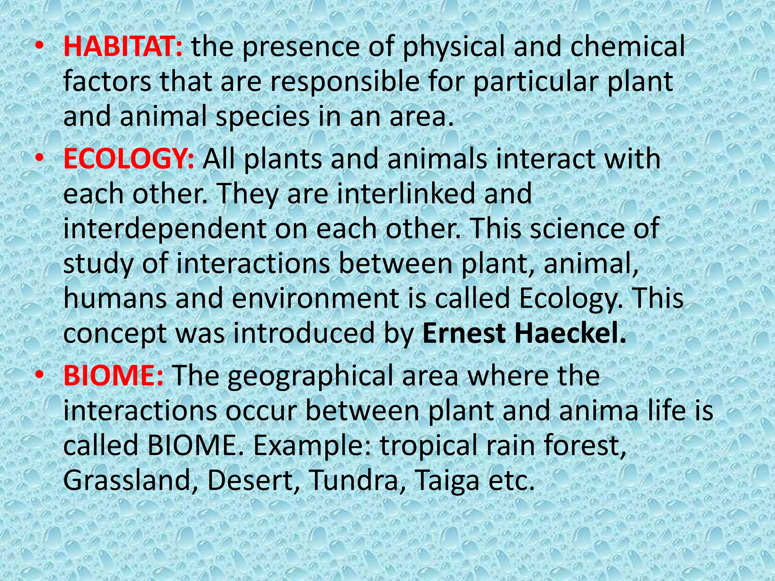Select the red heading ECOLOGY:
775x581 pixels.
click(x=129, y=159)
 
